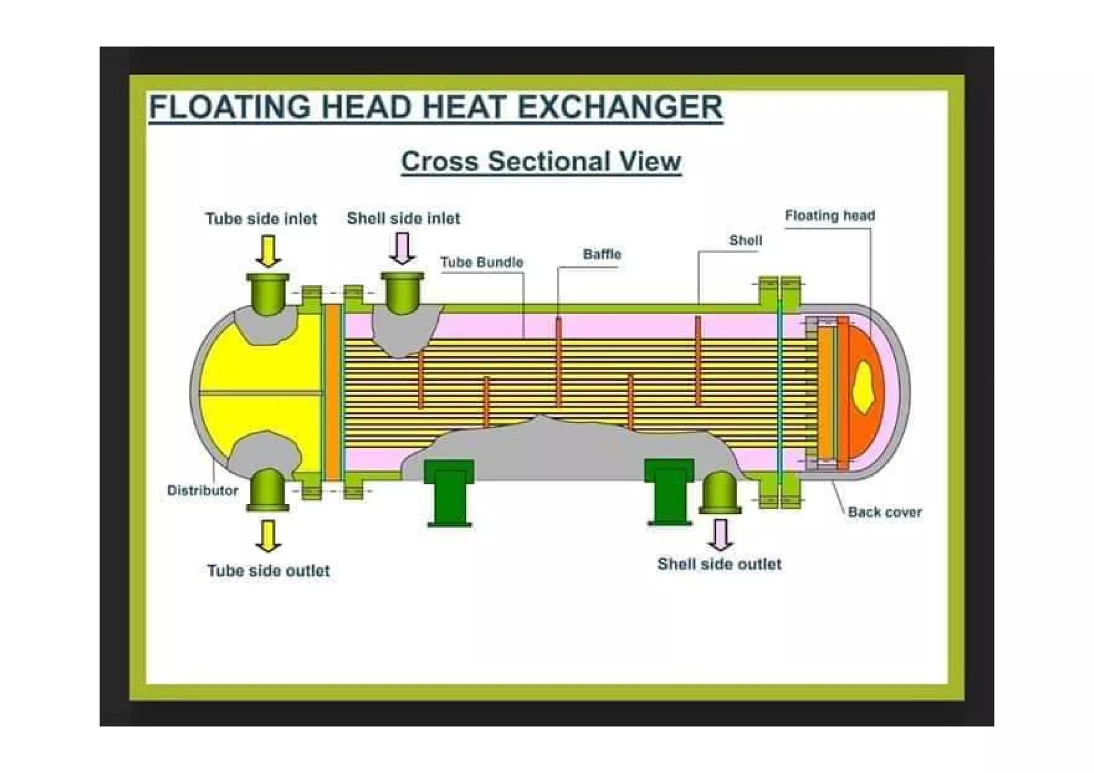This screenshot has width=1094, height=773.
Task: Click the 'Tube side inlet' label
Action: click(x=261, y=218)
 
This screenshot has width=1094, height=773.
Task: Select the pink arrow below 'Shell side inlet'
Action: click(x=402, y=249)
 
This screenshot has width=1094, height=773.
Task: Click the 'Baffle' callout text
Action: click(x=602, y=254)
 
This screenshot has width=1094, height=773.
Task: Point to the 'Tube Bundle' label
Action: click(x=481, y=262)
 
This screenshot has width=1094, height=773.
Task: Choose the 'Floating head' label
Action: click(x=830, y=216)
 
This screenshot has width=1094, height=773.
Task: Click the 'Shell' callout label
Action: click(x=745, y=240)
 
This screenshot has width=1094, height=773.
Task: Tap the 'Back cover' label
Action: click(x=885, y=512)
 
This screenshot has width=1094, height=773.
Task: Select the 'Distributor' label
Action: click(x=202, y=490)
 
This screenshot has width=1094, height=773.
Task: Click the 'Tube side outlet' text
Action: click(x=268, y=571)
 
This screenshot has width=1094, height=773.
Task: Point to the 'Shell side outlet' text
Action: click(x=719, y=564)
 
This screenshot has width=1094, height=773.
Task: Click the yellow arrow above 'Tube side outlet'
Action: click(x=268, y=536)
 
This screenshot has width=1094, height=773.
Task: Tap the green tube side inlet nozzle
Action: click(x=268, y=294)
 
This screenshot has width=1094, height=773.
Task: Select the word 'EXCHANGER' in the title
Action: click(x=620, y=107)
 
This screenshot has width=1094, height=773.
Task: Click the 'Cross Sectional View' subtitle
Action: click(x=541, y=161)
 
